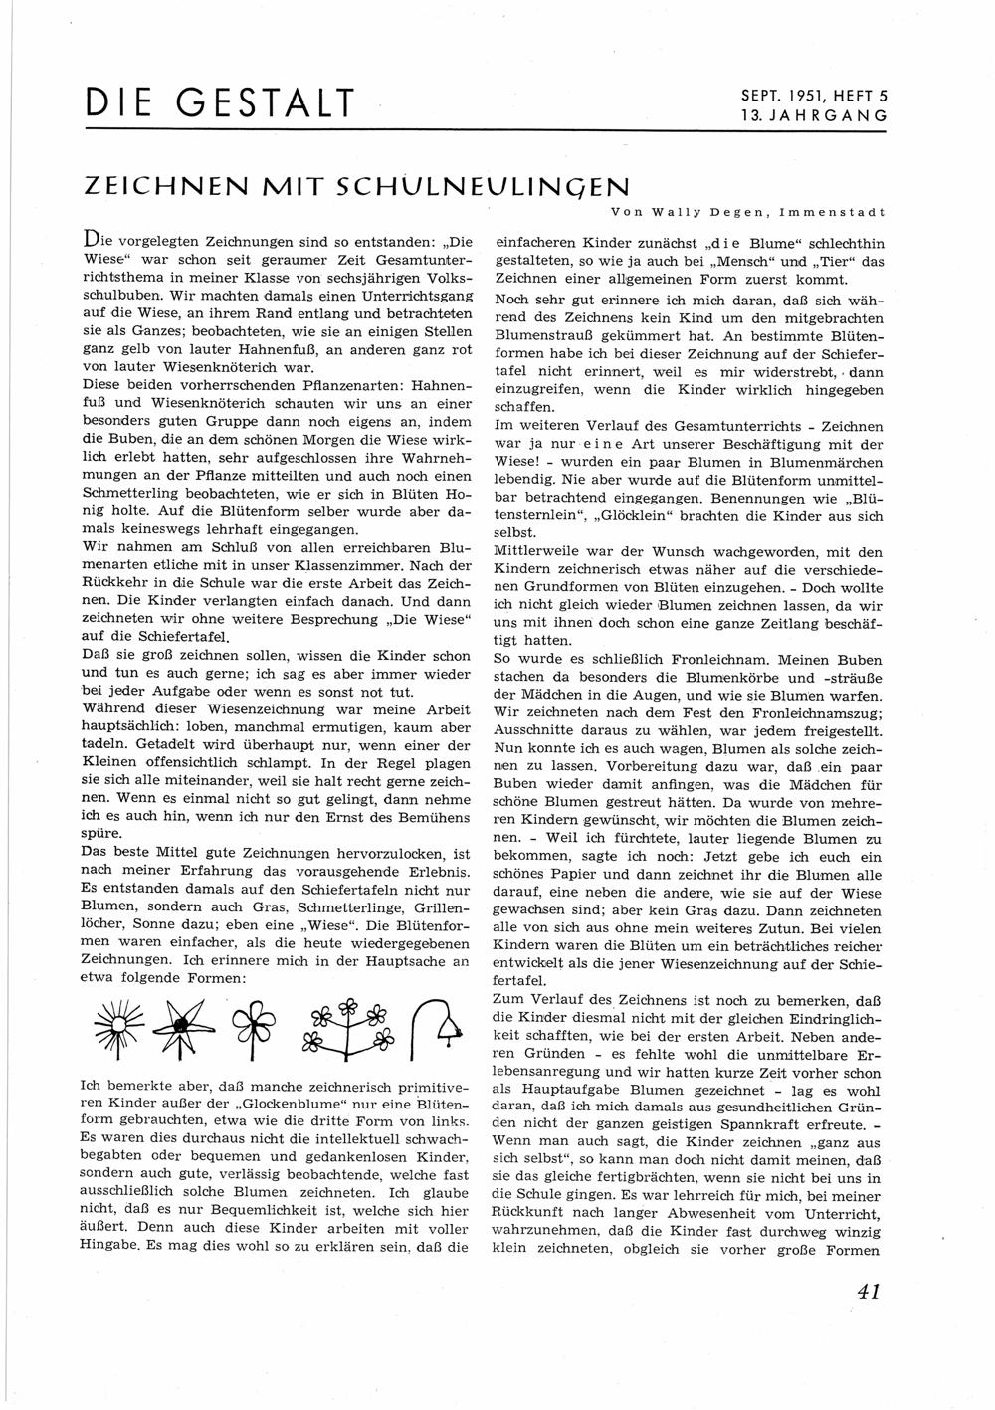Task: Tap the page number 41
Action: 867,1292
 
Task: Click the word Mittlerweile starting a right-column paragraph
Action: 538,552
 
